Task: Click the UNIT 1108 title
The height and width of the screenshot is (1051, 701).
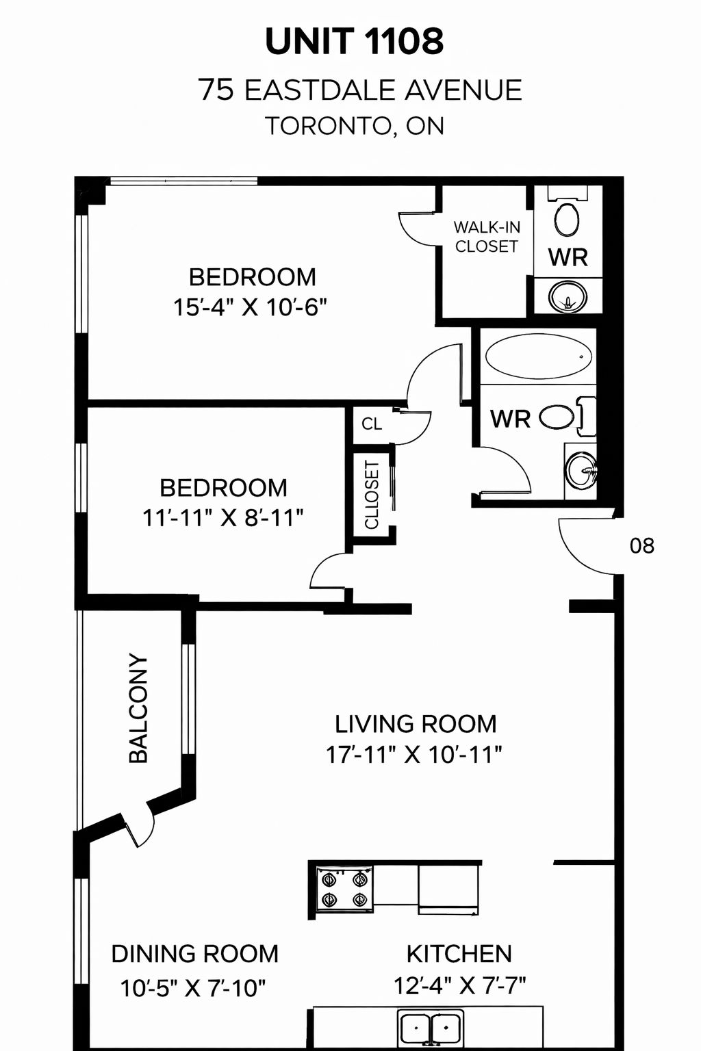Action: click(x=354, y=41)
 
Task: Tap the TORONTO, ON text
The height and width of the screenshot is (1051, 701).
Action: click(x=355, y=126)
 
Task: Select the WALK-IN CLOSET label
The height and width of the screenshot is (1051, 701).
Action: click(x=487, y=237)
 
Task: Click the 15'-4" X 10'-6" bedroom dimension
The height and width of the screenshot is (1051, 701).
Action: click(x=250, y=308)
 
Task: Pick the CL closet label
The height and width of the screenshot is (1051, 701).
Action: click(x=372, y=424)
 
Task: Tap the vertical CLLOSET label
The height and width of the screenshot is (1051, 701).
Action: click(x=372, y=495)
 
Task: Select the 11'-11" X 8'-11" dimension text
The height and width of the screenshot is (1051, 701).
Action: click(x=223, y=519)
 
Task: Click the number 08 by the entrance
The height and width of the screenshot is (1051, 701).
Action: click(x=642, y=545)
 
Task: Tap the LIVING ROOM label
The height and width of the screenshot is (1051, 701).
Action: click(x=416, y=724)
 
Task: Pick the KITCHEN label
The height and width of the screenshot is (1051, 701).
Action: click(x=459, y=954)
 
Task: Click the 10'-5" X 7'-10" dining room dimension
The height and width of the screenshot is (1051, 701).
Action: click(x=193, y=988)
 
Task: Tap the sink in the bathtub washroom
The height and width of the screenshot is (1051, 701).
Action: click(x=581, y=470)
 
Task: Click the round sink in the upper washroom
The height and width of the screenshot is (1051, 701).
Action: click(x=568, y=296)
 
